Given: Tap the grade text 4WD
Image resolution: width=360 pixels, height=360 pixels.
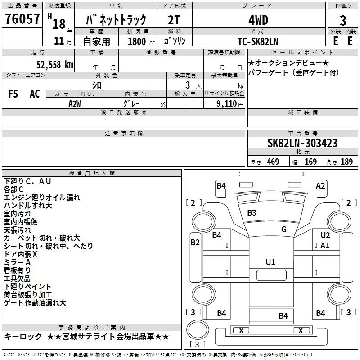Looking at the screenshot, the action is tap(258, 20).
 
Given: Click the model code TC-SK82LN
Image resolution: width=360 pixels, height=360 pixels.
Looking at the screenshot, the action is tap(258, 40).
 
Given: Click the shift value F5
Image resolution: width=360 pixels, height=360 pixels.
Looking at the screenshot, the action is tap(13, 94).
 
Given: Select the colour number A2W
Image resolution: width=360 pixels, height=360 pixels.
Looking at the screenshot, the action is tap(75, 103).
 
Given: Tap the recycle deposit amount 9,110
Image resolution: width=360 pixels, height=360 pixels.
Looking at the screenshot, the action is tap(227, 103).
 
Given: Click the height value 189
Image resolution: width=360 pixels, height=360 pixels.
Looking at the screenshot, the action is tap(346, 162).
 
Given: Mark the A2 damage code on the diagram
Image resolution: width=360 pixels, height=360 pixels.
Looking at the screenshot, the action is tap(320, 185).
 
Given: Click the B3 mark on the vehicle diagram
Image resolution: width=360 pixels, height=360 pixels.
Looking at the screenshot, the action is tap(252, 212).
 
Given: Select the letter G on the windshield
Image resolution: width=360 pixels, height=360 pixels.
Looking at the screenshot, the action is tap(284, 229).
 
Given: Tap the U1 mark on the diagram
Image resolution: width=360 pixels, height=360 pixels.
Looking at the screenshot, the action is tap(270, 262).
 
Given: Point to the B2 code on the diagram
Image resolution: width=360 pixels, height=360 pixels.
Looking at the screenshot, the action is tap(195, 243).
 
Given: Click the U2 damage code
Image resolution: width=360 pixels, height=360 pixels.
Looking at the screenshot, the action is tap(325, 235).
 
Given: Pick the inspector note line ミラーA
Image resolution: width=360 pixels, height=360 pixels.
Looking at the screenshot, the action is tap(17, 262).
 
